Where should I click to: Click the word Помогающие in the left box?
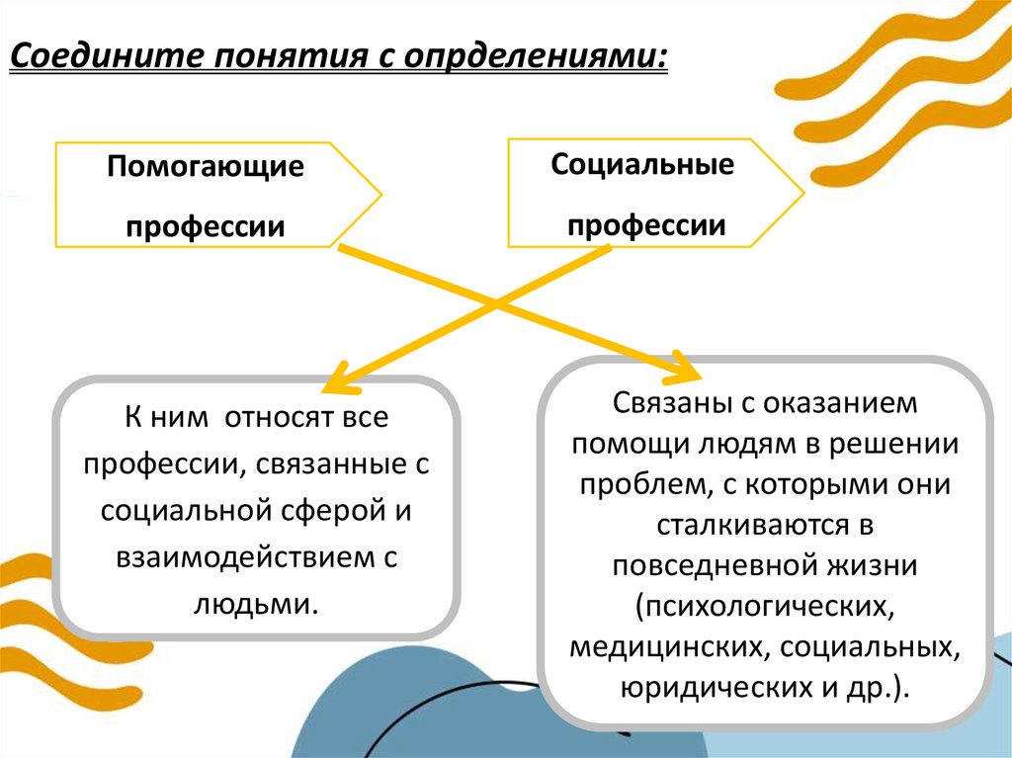(x=206, y=165)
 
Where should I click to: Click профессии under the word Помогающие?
(x=206, y=226)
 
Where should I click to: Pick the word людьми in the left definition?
(x=257, y=602)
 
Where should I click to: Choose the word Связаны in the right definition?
(x=661, y=404)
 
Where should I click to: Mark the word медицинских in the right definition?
(x=664, y=646)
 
